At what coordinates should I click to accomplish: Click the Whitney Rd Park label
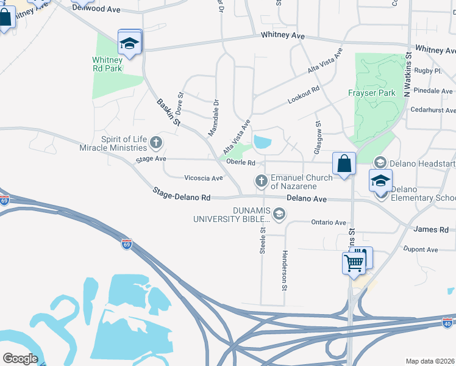(107, 64)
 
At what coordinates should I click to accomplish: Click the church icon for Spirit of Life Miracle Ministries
(156, 143)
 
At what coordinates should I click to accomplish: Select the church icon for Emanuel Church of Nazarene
(262, 181)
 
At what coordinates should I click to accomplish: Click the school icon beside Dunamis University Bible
(279, 213)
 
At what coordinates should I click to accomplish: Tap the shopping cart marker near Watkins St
(353, 263)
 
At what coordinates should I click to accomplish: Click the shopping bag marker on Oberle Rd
(344, 163)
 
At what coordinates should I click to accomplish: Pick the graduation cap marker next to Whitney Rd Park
(129, 43)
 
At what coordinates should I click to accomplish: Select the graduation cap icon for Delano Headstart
(380, 162)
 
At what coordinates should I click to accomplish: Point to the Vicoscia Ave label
(204, 178)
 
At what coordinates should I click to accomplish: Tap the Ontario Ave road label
(328, 223)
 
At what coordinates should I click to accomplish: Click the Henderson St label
(284, 270)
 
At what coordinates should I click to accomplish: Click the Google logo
(20, 359)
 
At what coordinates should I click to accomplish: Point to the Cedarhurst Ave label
(433, 110)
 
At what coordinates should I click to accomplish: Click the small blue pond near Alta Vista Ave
(262, 143)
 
